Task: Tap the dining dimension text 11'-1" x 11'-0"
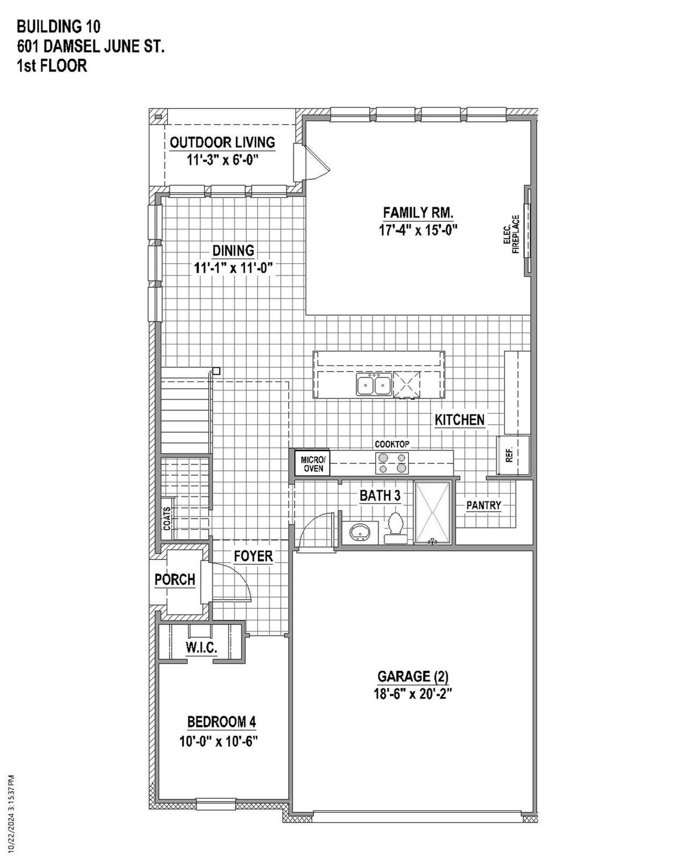pyautogui.click(x=233, y=268)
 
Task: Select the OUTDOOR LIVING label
pyautogui.click(x=222, y=142)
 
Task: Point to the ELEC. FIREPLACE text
pyautogui.click(x=511, y=234)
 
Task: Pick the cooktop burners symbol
pyautogui.click(x=392, y=463)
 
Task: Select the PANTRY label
pyautogui.click(x=483, y=505)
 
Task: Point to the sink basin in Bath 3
pyautogui.click(x=359, y=533)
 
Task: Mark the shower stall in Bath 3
pyautogui.click(x=432, y=512)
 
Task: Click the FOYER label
pyautogui.click(x=253, y=556)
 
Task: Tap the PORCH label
pyautogui.click(x=174, y=580)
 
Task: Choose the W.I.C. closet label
pyautogui.click(x=201, y=648)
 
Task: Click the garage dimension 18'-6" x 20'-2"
pyautogui.click(x=413, y=694)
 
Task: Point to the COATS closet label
pyautogui.click(x=167, y=519)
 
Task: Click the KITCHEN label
pyautogui.click(x=459, y=420)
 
